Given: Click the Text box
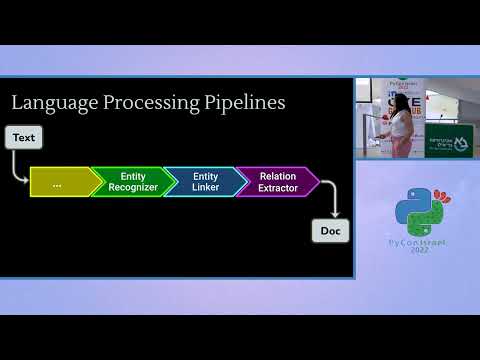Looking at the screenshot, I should [24, 137].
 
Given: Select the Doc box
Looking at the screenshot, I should [330, 231].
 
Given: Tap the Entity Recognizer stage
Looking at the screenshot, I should [133, 182].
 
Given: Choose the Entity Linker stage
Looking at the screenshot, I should [206, 182].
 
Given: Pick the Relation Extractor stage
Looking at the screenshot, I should [277, 182].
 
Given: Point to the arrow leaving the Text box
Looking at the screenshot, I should [21, 167].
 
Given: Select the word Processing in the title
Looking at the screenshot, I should [144, 103].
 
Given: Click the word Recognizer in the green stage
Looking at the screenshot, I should [133, 188].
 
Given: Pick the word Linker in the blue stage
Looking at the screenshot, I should [206, 188].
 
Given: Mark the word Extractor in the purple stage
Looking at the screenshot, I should [278, 188].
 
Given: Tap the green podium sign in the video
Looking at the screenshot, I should [447, 141].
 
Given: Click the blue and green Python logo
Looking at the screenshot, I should [412, 207].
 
